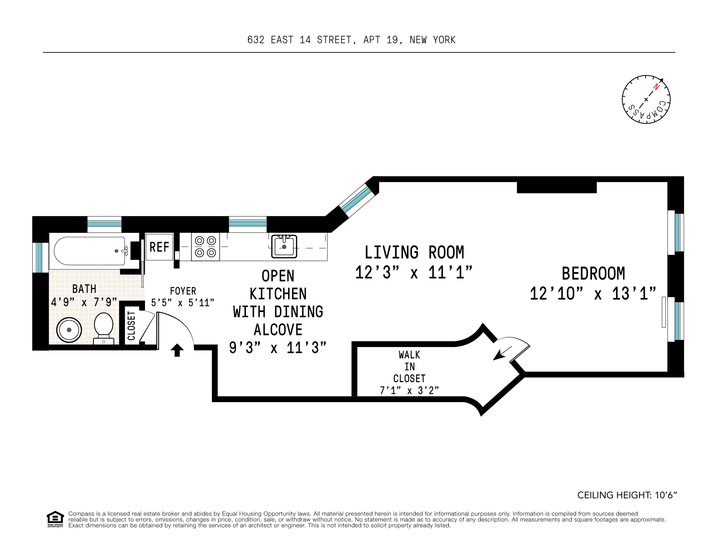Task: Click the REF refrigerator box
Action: (x=159, y=247)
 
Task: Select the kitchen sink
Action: (x=284, y=246)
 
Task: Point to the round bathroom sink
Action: (x=69, y=330)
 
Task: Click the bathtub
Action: (x=89, y=251)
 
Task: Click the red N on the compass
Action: (x=656, y=87)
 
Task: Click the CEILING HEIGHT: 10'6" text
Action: (x=627, y=495)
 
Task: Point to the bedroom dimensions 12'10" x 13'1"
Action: (x=593, y=293)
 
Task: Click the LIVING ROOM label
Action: (x=414, y=252)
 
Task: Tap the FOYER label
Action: (x=183, y=291)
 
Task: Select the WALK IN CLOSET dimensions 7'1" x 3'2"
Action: (x=409, y=390)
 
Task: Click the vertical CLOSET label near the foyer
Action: (x=131, y=326)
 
